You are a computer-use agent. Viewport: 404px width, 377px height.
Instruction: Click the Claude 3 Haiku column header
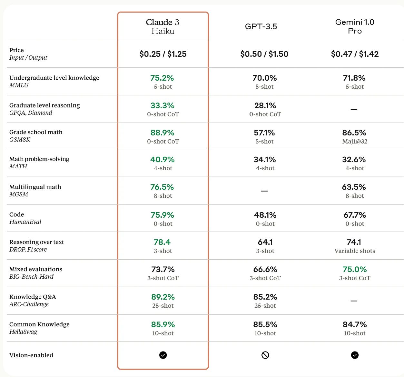tap(163, 26)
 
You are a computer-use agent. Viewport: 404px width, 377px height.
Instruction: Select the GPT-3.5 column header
tap(261, 26)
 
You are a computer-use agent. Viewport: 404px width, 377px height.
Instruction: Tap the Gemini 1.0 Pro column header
tap(355, 26)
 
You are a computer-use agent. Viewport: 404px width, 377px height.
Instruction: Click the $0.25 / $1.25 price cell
tap(163, 54)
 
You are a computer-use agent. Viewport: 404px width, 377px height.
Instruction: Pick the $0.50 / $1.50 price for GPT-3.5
tap(264, 54)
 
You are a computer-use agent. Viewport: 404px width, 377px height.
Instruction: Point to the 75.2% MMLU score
tap(162, 78)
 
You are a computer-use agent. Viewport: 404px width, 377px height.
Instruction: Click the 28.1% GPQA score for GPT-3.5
tap(265, 105)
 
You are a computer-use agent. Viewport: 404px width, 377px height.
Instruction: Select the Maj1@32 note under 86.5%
tap(355, 141)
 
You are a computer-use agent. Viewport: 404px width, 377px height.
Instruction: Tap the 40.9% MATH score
tap(162, 160)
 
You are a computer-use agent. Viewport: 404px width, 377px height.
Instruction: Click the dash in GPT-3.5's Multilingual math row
tap(264, 191)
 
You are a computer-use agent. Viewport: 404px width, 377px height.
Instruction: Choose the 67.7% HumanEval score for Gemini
tap(355, 215)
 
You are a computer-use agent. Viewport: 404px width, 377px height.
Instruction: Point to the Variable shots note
tap(355, 251)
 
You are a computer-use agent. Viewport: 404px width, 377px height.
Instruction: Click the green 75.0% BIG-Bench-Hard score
tap(355, 269)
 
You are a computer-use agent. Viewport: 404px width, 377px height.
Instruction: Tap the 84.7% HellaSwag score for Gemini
tap(355, 324)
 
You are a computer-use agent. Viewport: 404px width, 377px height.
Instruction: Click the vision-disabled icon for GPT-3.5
tap(265, 355)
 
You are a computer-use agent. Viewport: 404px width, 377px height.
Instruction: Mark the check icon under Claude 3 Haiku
tap(163, 355)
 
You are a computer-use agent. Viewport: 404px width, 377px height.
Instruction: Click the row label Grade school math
tap(36, 132)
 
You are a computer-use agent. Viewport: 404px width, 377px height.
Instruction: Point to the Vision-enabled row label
tap(31, 355)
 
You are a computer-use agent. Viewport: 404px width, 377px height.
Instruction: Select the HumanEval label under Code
tap(25, 222)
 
